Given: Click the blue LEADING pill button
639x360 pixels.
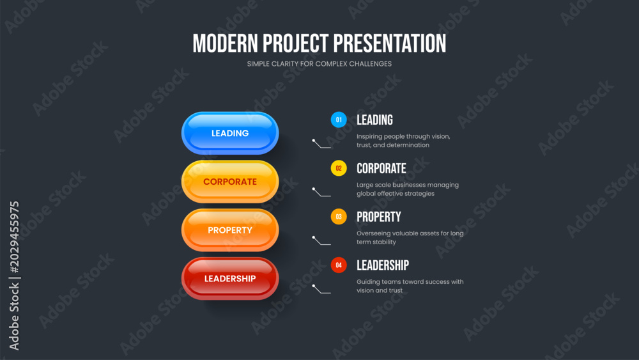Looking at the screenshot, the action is click(230, 133).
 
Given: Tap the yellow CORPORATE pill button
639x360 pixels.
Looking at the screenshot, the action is click(230, 182).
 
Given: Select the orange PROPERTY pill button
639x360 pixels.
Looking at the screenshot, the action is click(230, 230).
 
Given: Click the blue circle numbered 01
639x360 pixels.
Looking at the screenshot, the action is click(339, 120).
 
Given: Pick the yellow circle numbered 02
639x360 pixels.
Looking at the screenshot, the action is click(339, 168).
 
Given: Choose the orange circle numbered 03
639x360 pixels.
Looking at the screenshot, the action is click(339, 217).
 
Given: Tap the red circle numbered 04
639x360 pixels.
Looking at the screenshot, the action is click(339, 265).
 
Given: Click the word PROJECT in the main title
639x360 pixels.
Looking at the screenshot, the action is click(295, 43).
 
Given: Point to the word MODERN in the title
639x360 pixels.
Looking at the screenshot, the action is click(226, 43).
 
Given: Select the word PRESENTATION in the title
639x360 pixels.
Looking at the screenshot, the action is click(390, 43).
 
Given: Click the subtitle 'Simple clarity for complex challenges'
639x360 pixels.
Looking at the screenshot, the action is click(319, 63).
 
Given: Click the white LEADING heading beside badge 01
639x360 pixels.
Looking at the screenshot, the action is click(374, 120).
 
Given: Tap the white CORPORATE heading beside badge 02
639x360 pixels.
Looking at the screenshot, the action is click(381, 168).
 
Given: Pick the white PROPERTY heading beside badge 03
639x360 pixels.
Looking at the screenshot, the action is click(378, 217).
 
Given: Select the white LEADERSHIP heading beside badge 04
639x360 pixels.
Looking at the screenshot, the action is click(383, 265).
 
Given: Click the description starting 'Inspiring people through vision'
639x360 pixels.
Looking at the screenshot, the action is click(403, 141).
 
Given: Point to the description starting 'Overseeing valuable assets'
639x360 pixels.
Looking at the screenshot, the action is click(410, 238).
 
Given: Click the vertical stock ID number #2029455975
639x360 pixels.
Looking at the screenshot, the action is click(14, 237).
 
